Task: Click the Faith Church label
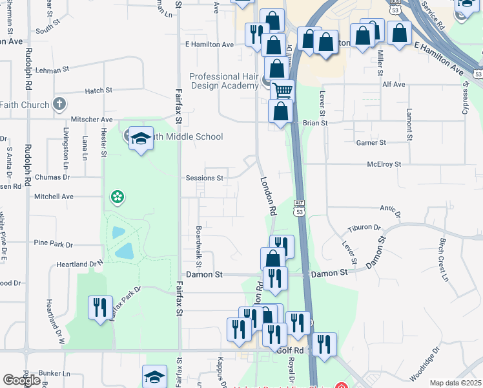click(25, 105)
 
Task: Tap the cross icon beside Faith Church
click(59, 104)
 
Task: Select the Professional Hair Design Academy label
click(223, 81)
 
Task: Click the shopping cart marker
click(282, 91)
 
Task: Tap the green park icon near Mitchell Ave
click(117, 196)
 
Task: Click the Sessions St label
click(204, 177)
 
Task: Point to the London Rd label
click(268, 197)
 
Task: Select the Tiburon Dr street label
click(364, 228)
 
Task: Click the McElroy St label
click(384, 164)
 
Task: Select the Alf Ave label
click(393, 84)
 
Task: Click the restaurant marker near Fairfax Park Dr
click(99, 306)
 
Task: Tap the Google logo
click(21, 380)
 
